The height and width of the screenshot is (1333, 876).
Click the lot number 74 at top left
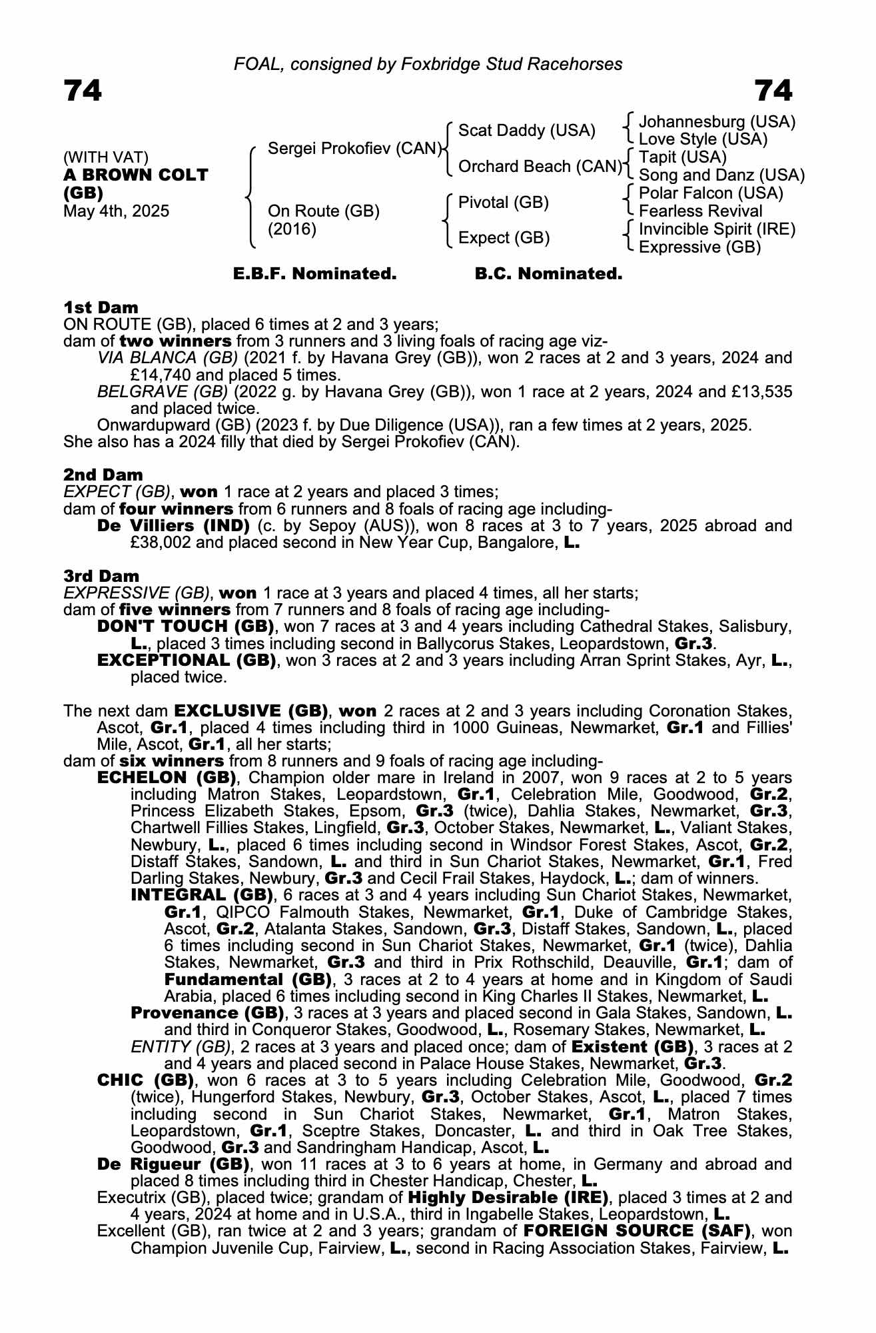83,91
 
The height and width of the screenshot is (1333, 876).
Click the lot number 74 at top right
773,91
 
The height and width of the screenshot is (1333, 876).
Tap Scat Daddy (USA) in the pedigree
526,130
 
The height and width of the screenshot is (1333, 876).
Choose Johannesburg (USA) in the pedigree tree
717,122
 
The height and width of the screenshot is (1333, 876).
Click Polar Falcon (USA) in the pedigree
711,193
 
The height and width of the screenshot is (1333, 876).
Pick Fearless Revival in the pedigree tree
700,211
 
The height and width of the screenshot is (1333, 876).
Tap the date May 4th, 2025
117,211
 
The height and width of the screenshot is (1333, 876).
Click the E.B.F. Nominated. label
314,274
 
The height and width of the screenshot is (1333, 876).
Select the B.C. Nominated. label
548,274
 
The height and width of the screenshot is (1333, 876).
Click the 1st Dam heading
101,307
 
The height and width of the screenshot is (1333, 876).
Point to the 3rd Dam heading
102,576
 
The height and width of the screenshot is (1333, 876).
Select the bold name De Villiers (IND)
173,526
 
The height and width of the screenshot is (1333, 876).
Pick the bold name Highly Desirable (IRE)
508,1197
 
